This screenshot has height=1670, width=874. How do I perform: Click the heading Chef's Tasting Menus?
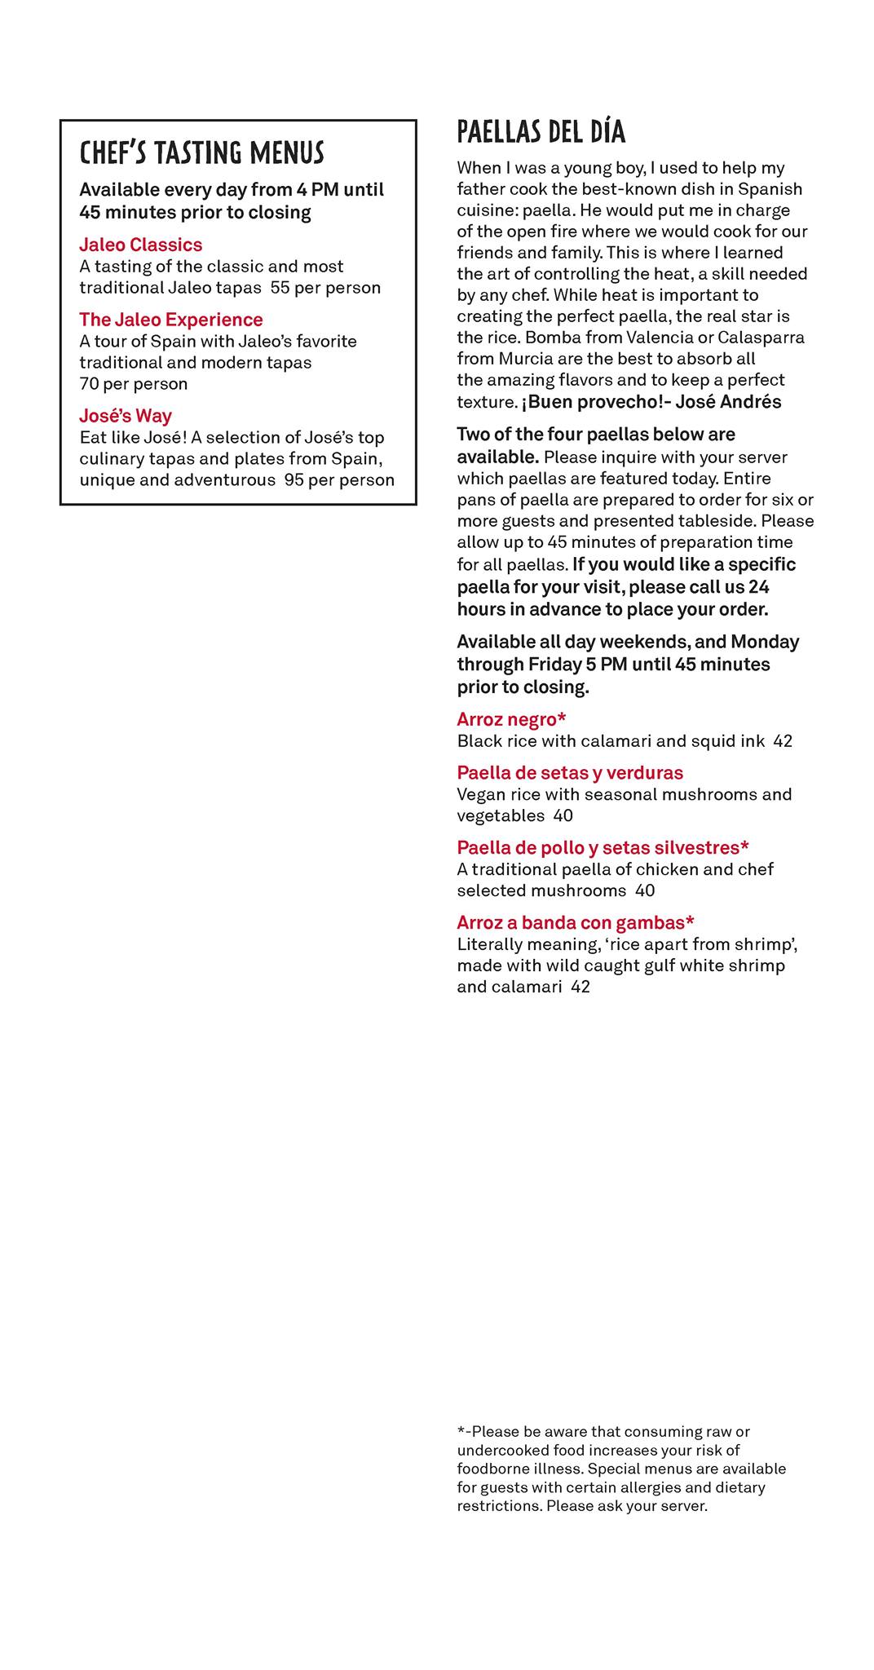(201, 153)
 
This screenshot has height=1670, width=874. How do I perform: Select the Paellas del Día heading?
(541, 131)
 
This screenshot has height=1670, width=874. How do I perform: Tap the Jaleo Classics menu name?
(140, 245)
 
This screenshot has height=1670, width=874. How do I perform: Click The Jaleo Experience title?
(170, 320)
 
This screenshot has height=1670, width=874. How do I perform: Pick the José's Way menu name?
(126, 416)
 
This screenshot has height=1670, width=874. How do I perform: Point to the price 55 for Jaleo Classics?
(280, 288)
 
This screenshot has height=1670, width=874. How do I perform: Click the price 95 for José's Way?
(294, 480)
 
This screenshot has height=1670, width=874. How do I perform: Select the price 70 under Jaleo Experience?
(89, 384)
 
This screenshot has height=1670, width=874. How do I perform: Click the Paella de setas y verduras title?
(570, 773)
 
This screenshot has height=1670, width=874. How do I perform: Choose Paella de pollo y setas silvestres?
(603, 848)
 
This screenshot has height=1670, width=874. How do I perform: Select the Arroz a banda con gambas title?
(575, 923)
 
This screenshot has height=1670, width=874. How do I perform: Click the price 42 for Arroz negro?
(783, 741)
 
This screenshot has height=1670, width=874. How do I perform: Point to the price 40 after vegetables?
(563, 816)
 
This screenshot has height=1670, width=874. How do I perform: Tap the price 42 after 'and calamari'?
(580, 987)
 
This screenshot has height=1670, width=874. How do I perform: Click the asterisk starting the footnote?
(461, 1431)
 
